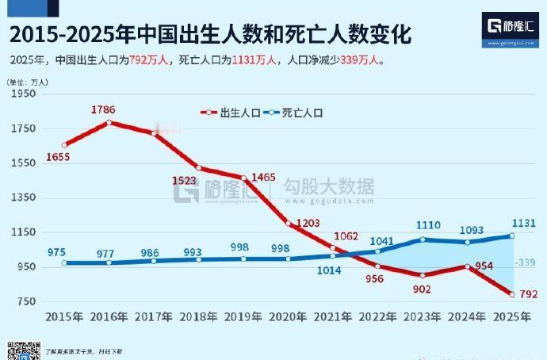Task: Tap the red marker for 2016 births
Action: (109, 122)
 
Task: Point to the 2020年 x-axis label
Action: (288, 317)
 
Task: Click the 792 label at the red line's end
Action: (529, 295)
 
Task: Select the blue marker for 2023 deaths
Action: (423, 239)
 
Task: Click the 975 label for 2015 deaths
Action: (57, 252)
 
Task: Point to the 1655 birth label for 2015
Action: (58, 158)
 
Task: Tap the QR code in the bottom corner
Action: (24, 350)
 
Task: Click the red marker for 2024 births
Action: (468, 266)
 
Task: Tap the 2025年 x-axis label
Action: (512, 317)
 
